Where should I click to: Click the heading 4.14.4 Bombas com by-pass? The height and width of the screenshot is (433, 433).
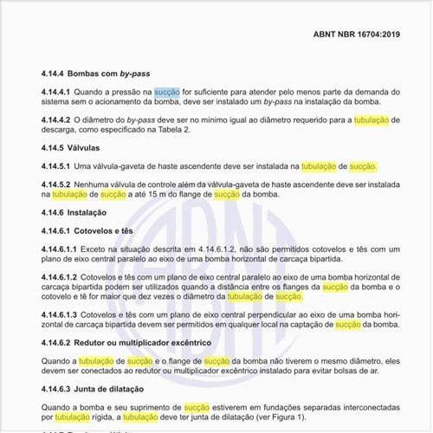(x=101, y=74)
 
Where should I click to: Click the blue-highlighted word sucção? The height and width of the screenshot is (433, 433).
(x=167, y=91)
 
